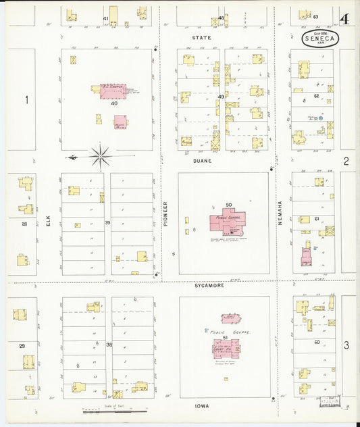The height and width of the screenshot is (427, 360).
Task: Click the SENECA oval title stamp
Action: (316, 38)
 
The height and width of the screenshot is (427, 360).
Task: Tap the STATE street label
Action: (201, 38)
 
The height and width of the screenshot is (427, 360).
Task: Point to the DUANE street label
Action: (201, 161)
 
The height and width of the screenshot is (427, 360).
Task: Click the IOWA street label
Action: (201, 406)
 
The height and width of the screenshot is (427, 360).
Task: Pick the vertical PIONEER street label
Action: (164, 212)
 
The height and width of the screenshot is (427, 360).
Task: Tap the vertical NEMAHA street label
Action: (279, 212)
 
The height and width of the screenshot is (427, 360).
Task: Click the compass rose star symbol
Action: (101, 157)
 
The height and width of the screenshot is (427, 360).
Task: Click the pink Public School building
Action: (227, 221)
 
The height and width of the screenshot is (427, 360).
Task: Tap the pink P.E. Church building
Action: (112, 91)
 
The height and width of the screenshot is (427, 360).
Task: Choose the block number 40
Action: (114, 103)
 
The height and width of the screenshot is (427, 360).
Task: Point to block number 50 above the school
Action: (228, 205)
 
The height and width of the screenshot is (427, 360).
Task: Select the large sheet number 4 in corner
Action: (344, 18)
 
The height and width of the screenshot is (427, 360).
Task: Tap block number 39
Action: (107, 222)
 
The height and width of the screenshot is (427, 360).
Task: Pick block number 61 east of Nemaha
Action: (316, 219)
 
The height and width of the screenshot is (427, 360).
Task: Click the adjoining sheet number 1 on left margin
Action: (26, 101)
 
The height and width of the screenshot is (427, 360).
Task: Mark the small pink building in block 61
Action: (305, 256)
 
